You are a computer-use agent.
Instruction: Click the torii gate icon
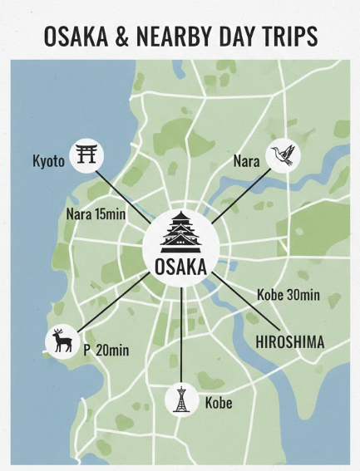click(x=86, y=155)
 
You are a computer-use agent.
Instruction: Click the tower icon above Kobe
click(x=181, y=400)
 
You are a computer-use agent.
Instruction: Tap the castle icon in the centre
click(x=180, y=231)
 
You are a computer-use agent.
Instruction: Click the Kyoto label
click(x=48, y=161)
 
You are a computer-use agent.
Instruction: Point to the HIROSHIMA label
click(x=289, y=341)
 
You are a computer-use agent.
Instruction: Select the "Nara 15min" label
click(x=96, y=214)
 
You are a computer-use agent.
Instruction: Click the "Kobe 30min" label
click(x=287, y=295)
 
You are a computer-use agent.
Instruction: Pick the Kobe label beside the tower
click(x=219, y=405)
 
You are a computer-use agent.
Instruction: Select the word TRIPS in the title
click(x=288, y=37)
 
